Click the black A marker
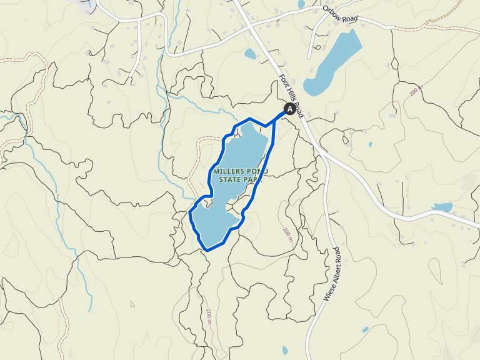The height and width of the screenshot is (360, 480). click(289, 109)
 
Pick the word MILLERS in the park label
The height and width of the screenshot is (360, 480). click(227, 171)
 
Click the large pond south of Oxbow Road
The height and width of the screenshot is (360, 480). click(334, 62)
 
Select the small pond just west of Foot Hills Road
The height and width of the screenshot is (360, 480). click(250, 54)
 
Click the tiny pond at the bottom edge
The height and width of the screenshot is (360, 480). click(285, 350)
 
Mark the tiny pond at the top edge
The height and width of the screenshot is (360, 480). click(301, 4)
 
